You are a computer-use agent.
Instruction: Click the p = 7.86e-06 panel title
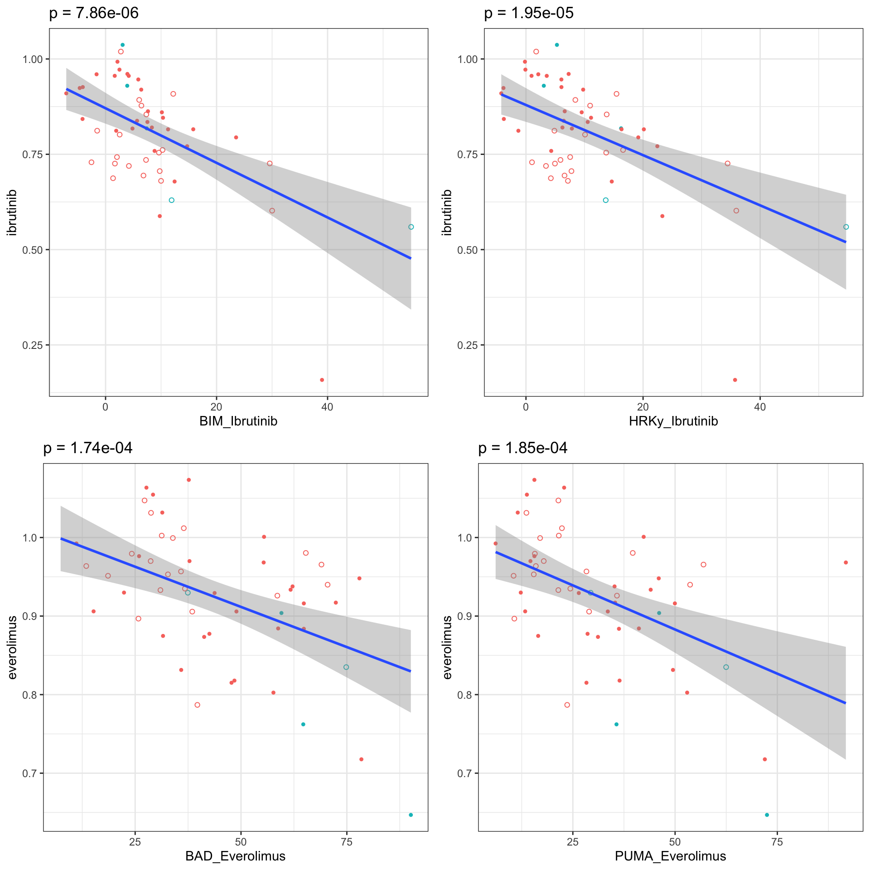point(94,13)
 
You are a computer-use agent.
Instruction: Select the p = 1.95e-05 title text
point(529,13)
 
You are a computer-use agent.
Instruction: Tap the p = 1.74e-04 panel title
point(88,448)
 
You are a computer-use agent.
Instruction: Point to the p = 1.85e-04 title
point(523,448)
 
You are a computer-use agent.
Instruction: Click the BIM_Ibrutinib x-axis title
point(238,421)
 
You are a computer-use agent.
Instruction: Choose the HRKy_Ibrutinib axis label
point(673,421)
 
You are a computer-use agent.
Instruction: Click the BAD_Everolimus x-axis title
point(235,856)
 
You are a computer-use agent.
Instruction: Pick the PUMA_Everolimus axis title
point(670,856)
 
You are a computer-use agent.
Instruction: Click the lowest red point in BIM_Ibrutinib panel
point(322,380)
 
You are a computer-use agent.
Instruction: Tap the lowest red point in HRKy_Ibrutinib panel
point(735,380)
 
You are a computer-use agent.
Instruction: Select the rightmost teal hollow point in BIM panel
point(411,227)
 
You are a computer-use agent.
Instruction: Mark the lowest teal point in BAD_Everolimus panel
point(411,815)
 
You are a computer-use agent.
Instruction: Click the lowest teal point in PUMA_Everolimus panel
point(767,815)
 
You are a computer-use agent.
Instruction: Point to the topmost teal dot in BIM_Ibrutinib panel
point(122,45)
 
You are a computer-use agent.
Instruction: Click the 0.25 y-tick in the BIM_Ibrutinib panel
point(35,345)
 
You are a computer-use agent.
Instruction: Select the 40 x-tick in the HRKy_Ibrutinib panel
point(760,407)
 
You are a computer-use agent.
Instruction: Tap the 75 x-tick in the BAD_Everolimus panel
point(347,842)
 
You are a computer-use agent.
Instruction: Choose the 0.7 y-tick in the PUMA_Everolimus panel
point(465,773)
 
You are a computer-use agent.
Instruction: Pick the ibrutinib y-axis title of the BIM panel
point(12,213)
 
